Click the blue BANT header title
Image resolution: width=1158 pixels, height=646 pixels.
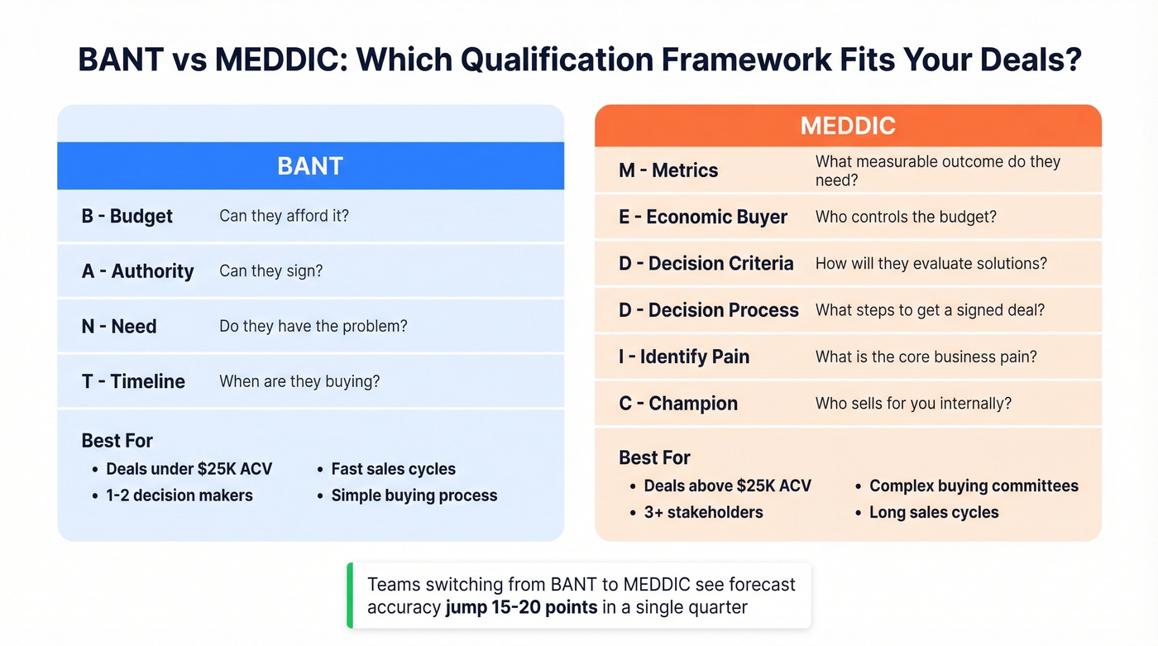point(310,166)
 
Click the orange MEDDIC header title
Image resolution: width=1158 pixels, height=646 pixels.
point(848,126)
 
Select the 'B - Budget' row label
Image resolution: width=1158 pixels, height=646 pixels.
point(127,216)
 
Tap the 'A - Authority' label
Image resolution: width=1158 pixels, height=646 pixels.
point(138,271)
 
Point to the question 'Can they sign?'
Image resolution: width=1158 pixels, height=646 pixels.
point(270,271)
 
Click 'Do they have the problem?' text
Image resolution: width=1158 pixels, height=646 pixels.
point(313,326)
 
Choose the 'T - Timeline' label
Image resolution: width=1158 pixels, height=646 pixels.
point(133,381)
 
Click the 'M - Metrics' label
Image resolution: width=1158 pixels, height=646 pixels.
point(668,170)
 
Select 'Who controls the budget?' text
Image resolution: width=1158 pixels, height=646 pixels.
point(906,217)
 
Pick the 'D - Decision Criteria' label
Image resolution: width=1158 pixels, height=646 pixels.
point(706,264)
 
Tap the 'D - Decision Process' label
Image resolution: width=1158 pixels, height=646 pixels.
point(709,310)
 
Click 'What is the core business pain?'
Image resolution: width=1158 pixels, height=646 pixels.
point(926,356)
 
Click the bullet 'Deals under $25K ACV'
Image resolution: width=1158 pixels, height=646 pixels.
point(189,469)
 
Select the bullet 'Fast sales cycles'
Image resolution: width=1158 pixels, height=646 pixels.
point(393,469)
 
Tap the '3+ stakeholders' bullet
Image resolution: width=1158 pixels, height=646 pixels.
point(703,512)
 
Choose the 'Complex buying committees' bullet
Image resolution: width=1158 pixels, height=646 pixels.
point(974,486)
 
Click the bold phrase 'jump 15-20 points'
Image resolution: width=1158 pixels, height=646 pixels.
point(521,608)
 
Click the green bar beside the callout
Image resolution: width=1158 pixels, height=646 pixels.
point(350,596)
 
